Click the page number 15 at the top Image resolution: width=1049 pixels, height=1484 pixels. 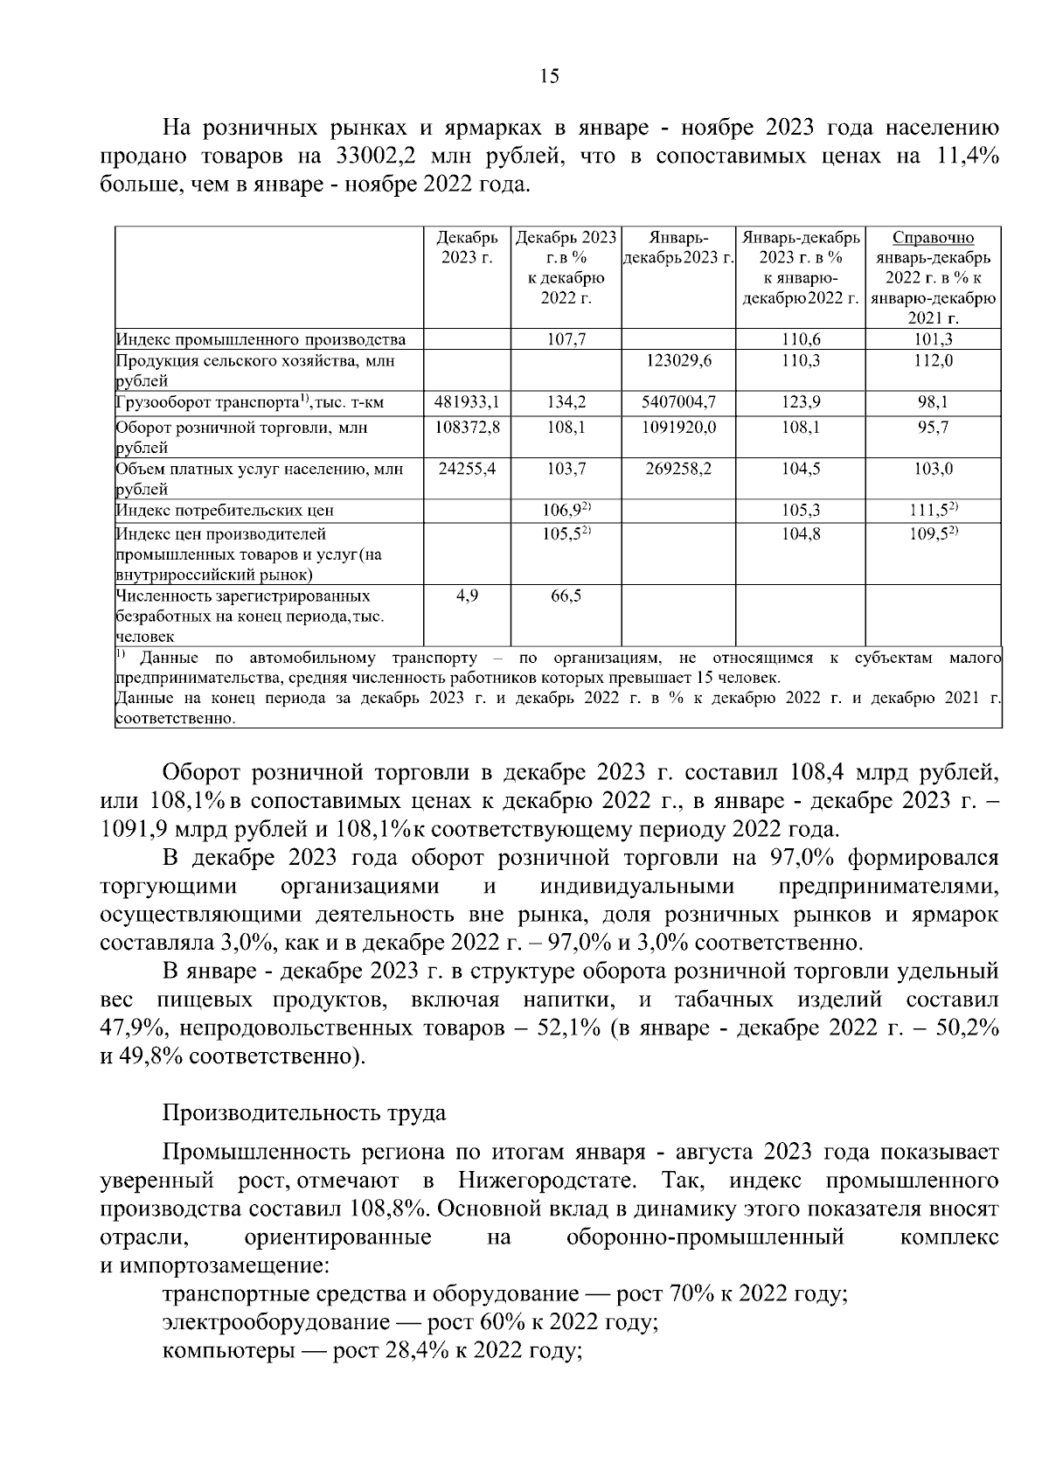click(549, 76)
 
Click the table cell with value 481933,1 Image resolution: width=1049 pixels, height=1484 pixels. click(467, 402)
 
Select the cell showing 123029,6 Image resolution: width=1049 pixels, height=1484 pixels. click(678, 360)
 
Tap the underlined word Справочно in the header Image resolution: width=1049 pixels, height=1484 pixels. click(934, 238)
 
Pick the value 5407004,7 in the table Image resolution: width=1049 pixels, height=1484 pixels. click(678, 402)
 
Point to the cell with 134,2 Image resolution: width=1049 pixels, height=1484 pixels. click(566, 402)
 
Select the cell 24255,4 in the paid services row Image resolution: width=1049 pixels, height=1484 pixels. click(467, 469)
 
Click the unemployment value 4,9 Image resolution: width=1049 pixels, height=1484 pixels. click(467, 596)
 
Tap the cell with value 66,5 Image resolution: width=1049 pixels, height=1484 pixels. click(566, 596)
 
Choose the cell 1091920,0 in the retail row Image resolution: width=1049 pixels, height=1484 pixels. click(678, 428)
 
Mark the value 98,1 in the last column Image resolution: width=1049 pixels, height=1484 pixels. click(933, 402)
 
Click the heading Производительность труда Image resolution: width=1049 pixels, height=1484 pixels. click(304, 1113)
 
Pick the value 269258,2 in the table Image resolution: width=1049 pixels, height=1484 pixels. click(678, 469)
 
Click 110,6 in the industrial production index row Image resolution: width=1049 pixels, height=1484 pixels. click(800, 339)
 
